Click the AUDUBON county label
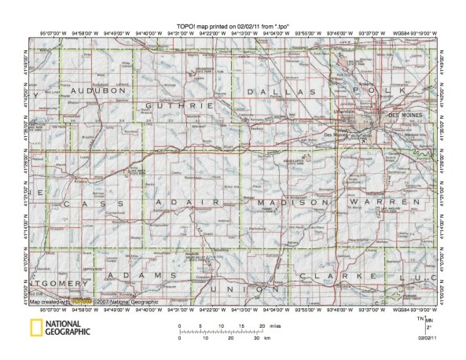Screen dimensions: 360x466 pyautogui.click(x=98, y=91)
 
